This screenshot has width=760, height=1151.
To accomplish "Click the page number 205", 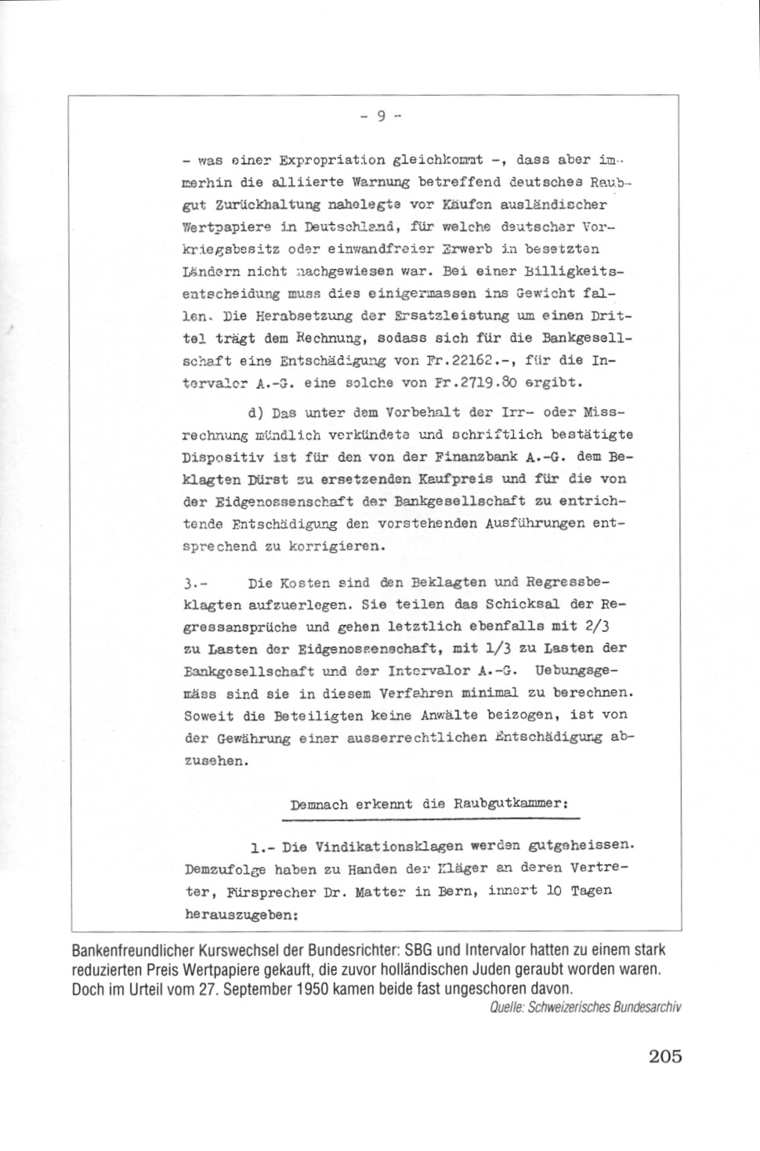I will [x=665, y=1056].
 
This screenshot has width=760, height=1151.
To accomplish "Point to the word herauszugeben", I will [x=242, y=913].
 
